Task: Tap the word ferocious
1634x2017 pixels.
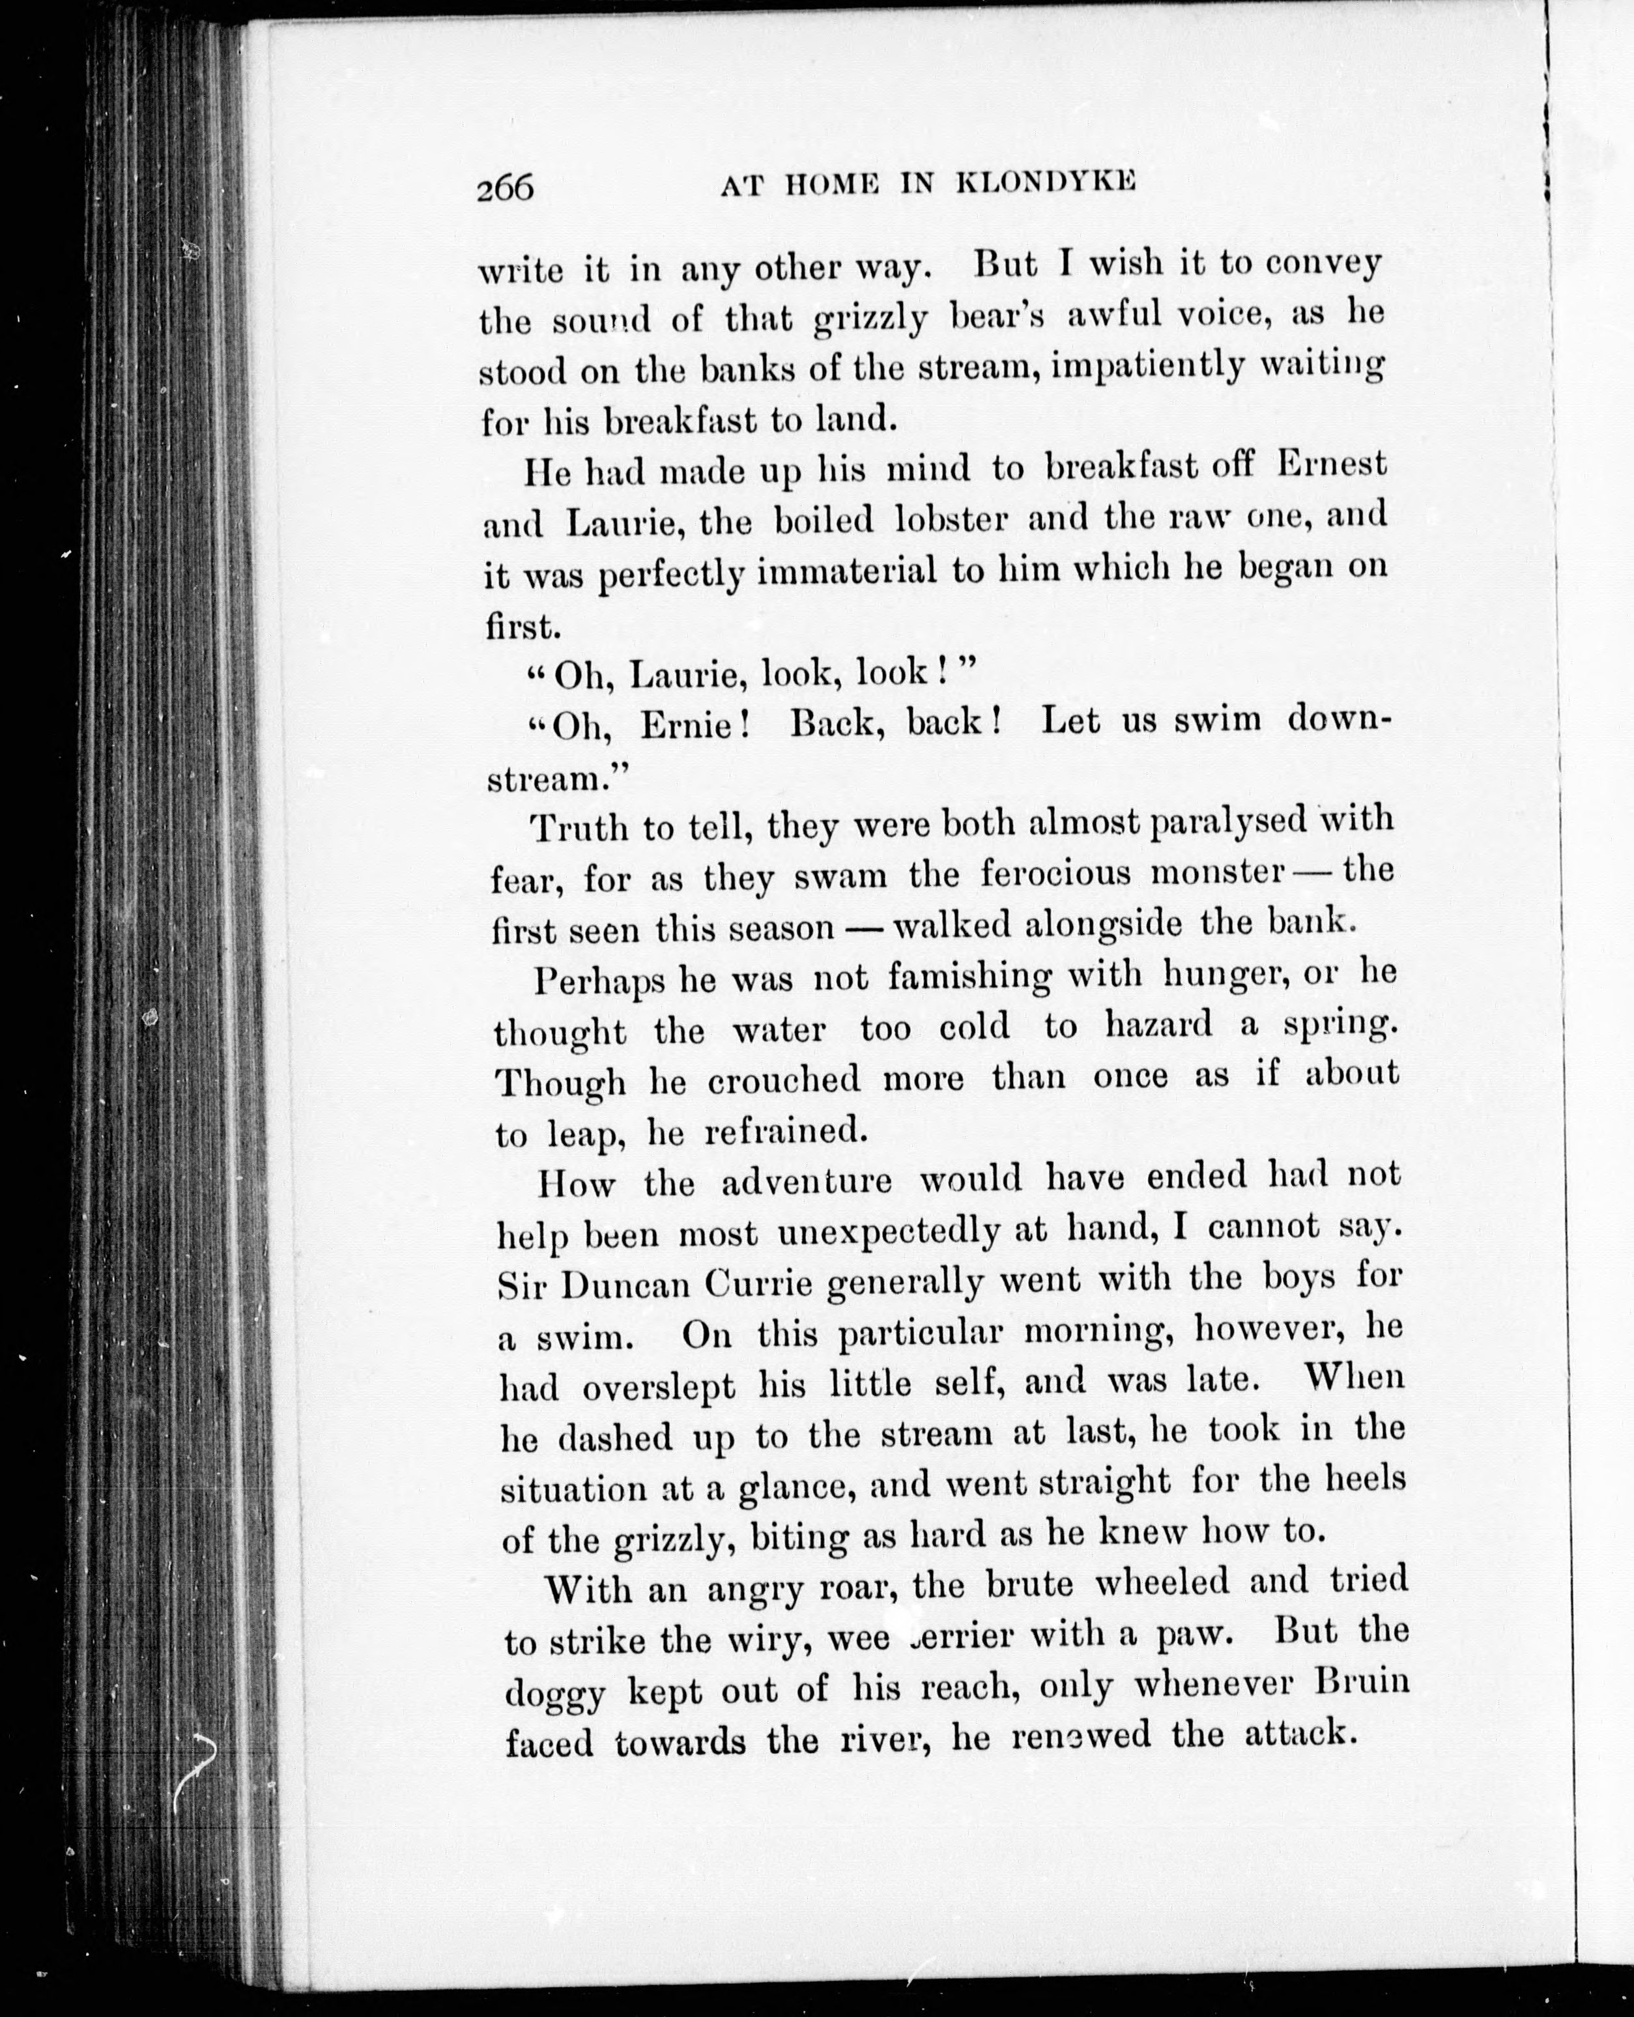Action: [1055, 874]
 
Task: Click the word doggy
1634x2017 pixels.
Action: [554, 1694]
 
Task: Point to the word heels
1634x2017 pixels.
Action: [1365, 1479]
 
